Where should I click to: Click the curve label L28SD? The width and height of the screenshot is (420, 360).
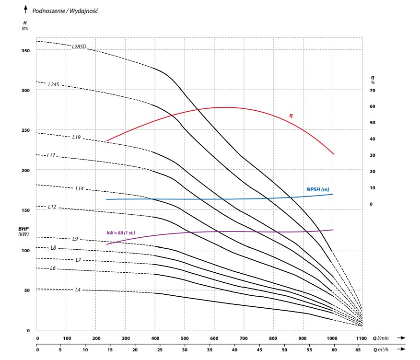tap(79, 47)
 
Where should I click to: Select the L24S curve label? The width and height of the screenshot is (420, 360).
tap(53, 84)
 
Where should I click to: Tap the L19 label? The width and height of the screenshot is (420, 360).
tap(76, 138)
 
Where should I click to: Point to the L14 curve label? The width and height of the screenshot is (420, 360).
tap(80, 189)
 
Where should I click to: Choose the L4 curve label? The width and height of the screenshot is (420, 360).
tap(77, 290)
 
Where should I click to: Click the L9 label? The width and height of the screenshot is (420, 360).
tap(75, 239)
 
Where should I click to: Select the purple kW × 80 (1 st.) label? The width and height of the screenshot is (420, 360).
tap(121, 233)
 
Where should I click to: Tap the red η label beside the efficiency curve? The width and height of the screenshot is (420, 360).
tap(291, 116)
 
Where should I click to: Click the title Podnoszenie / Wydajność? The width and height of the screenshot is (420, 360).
tap(65, 10)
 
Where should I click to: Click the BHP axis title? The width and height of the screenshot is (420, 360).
tap(24, 231)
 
